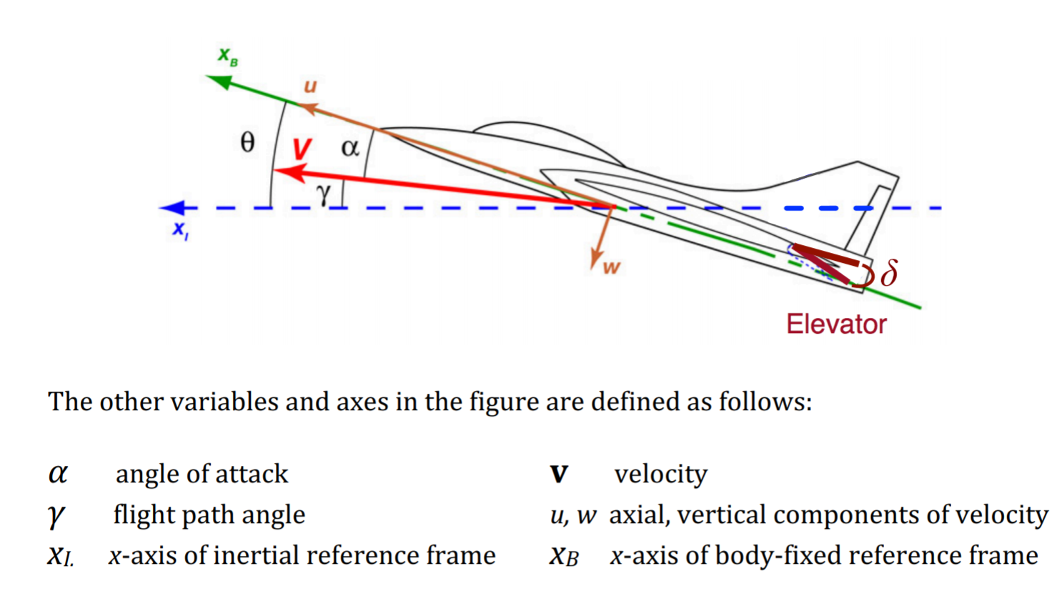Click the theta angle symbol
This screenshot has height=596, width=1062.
click(247, 142)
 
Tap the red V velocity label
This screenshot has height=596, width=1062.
click(302, 149)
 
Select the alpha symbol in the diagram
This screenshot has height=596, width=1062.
click(349, 148)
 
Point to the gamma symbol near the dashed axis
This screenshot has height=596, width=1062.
click(324, 193)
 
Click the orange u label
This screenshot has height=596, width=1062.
click(310, 86)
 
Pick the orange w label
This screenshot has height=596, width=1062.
click(611, 268)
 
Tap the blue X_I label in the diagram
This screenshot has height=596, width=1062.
click(180, 230)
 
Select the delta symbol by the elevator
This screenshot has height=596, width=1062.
click(888, 274)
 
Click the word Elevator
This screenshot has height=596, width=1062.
click(836, 324)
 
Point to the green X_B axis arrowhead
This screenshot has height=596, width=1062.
click(219, 81)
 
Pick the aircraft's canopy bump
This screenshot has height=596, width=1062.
click(543, 136)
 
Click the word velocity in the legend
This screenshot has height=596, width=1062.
click(660, 474)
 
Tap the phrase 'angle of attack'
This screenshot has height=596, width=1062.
click(202, 474)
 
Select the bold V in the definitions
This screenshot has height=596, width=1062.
click(559, 475)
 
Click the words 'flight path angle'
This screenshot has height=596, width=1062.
click(209, 515)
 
